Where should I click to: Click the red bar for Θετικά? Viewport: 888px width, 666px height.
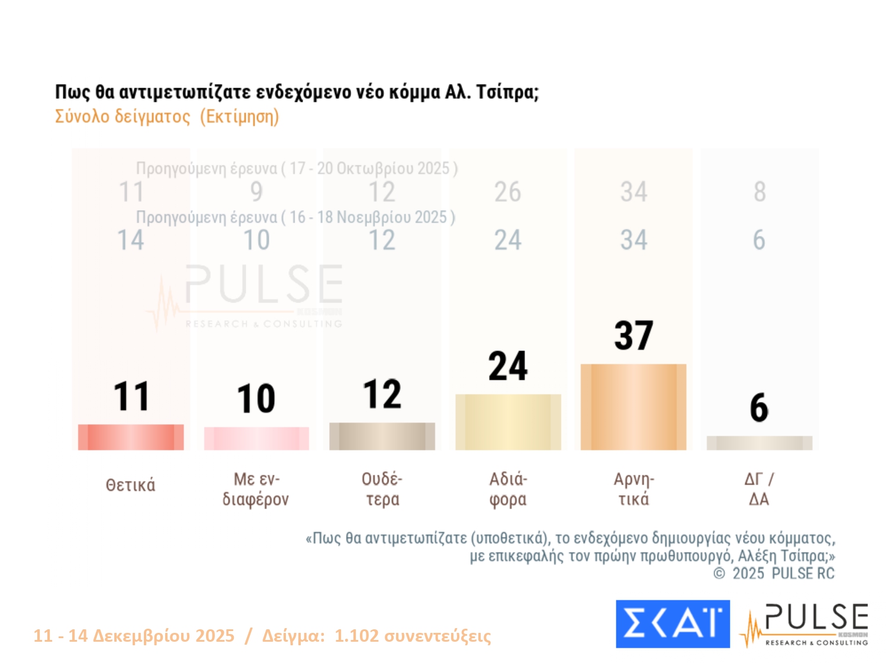(131, 437)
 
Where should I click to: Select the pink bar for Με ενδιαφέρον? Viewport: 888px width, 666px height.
(256, 439)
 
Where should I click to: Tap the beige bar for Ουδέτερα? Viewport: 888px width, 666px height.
(382, 436)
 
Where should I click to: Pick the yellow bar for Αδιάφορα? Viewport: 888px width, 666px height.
(508, 422)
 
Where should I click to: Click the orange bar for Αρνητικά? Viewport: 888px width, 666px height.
(633, 407)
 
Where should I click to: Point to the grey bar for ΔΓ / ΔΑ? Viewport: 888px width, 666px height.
(760, 443)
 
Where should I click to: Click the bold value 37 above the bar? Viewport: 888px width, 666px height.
(633, 335)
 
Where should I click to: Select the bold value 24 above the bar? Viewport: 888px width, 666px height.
(508, 366)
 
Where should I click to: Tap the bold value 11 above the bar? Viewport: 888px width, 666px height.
(131, 396)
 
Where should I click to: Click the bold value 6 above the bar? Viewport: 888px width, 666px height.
(759, 408)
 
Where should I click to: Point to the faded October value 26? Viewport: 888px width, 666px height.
(508, 192)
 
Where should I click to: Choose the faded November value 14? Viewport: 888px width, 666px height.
(131, 240)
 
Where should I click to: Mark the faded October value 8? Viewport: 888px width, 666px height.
(760, 192)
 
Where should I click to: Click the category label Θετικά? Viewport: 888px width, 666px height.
(131, 485)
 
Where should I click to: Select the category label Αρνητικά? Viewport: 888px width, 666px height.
(633, 489)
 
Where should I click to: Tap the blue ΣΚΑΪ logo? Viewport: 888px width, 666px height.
(673, 624)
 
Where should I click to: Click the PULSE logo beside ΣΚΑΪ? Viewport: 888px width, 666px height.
(805, 625)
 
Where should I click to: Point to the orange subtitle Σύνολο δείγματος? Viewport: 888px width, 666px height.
(123, 117)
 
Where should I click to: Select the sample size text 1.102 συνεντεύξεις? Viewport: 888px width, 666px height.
(413, 636)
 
